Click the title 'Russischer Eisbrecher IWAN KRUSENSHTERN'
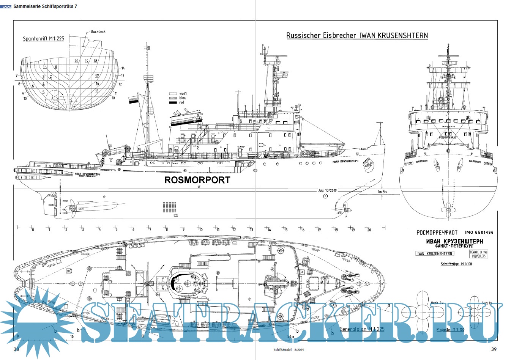pyautogui.click(x=357, y=36)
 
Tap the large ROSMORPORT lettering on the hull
pyautogui.click(x=197, y=180)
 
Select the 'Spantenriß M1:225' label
pyautogui.click(x=43, y=39)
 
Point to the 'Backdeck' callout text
pyautogui.click(x=98, y=31)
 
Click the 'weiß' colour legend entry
pyautogui.click(x=183, y=94)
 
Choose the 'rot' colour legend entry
pyautogui.click(x=182, y=102)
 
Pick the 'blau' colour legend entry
pyautogui.click(x=183, y=98)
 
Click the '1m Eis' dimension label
pyautogui.click(x=382, y=192)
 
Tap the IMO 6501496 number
pyautogui.click(x=479, y=233)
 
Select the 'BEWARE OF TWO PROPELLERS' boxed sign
pyautogui.click(x=478, y=254)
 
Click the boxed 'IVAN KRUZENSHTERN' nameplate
pyautogui.click(x=435, y=253)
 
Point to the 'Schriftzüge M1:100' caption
pyautogui.click(x=456, y=264)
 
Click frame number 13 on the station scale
pyautogui.click(x=251, y=230)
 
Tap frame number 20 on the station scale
pyautogui.click(x=369, y=230)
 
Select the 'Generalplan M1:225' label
pyautogui.click(x=362, y=329)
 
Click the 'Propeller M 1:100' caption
pyautogui.click(x=450, y=330)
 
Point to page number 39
pyautogui.click(x=494, y=349)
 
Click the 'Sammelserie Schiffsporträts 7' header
pyautogui.click(x=45, y=6)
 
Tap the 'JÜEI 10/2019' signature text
pyautogui.click(x=327, y=190)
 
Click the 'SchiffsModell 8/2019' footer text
pyautogui.click(x=289, y=350)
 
